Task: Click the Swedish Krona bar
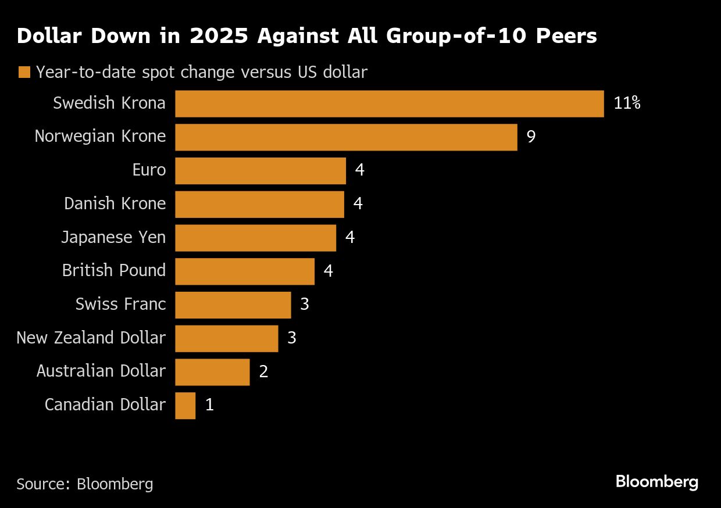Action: tap(389, 104)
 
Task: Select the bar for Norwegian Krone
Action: tap(346, 137)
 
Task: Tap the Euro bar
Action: tap(260, 171)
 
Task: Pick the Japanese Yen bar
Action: tap(255, 238)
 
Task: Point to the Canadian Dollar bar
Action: tap(185, 405)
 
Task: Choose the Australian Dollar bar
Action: tap(212, 372)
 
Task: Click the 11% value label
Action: tap(627, 104)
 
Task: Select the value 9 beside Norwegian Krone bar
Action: tap(531, 137)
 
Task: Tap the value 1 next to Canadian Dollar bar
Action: tap(209, 405)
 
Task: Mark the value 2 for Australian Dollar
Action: tap(263, 372)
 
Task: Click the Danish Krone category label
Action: tap(115, 204)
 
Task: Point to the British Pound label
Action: tap(114, 271)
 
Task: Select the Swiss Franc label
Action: tap(120, 305)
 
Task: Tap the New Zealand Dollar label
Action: tap(91, 338)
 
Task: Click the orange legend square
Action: tap(24, 73)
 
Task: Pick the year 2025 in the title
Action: tap(217, 37)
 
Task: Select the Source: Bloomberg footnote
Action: tap(85, 484)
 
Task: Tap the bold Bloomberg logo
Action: tap(656, 482)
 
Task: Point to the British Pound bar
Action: tap(244, 271)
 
